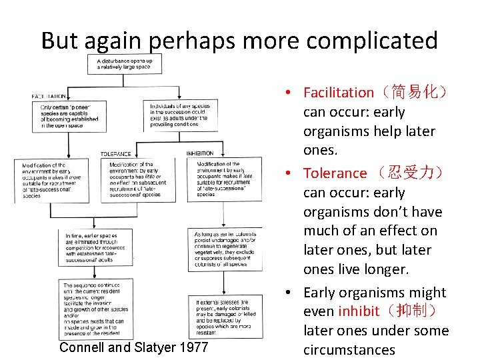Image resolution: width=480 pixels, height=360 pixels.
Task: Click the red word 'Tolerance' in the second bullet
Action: point(335,173)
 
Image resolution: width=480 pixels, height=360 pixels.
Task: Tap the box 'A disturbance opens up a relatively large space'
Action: point(125,65)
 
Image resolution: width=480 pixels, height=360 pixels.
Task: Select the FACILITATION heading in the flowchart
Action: point(49,96)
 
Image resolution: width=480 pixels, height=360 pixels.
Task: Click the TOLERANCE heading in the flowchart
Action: point(115,153)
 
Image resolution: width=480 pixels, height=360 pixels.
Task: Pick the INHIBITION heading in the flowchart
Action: point(201,153)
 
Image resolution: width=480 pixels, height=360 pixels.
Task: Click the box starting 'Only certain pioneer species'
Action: point(69,116)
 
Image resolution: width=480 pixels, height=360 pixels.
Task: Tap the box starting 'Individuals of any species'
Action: point(177,115)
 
